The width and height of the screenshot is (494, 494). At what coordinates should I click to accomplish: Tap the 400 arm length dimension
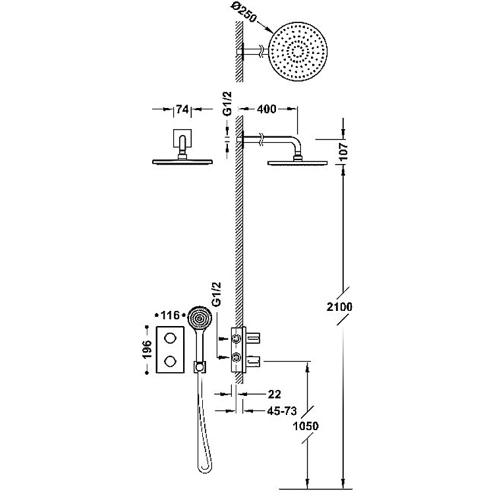click(x=267, y=109)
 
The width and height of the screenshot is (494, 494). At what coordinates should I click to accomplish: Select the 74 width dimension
click(x=182, y=109)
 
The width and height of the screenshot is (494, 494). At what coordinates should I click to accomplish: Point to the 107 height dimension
click(x=343, y=151)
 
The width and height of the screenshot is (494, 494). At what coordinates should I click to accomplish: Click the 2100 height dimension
click(x=339, y=306)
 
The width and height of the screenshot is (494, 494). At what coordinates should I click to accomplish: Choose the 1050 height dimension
click(x=306, y=426)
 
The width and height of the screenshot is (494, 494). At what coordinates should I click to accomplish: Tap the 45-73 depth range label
click(x=282, y=411)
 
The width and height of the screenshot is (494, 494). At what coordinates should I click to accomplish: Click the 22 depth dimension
click(x=274, y=394)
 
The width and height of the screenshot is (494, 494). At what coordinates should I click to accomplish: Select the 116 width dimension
click(x=170, y=315)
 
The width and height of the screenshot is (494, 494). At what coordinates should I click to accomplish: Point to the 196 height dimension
click(x=147, y=349)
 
